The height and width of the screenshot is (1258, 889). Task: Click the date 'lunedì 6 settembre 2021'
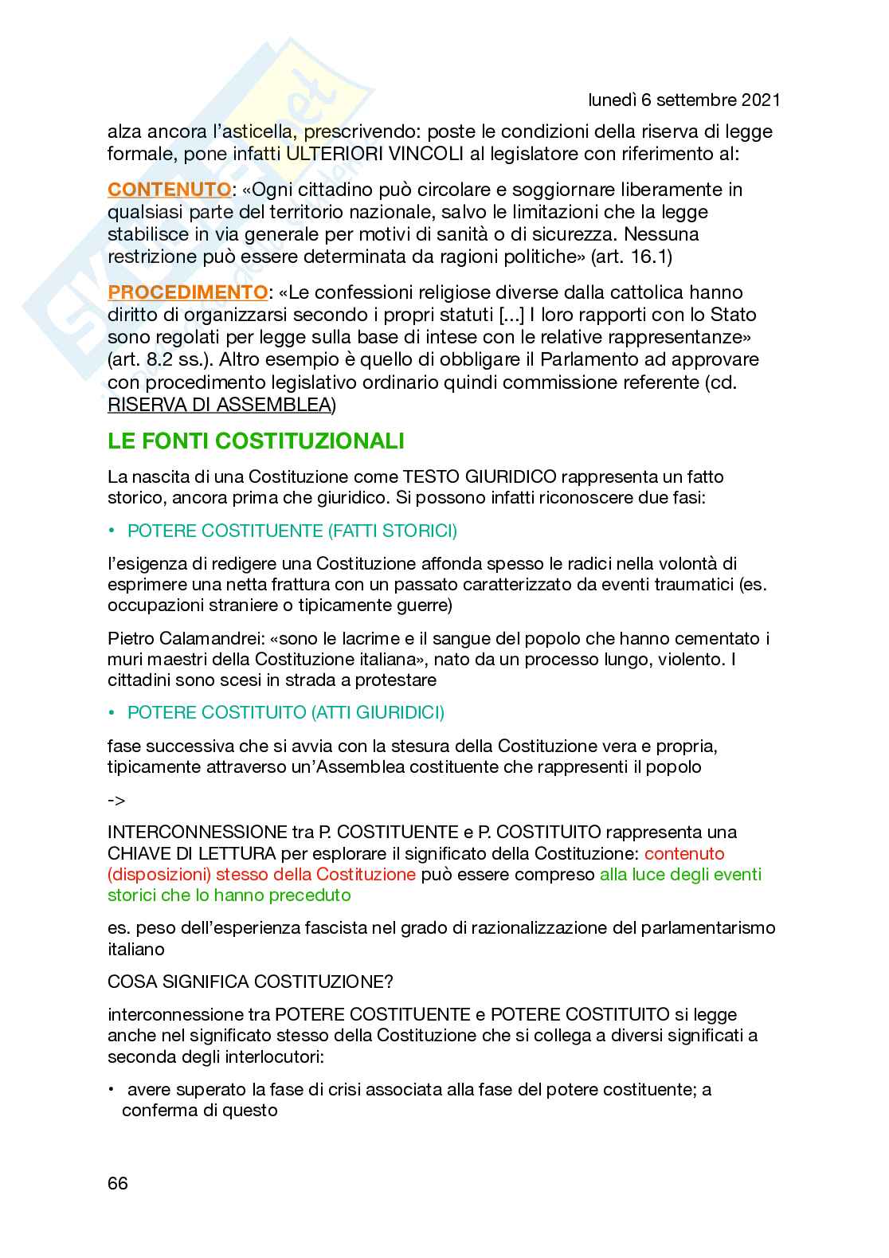pos(683,100)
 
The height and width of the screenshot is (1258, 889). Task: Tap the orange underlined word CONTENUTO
pos(169,190)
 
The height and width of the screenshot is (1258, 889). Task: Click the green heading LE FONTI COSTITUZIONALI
pos(256,441)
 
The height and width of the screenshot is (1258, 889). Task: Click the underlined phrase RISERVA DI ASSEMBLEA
pos(219,405)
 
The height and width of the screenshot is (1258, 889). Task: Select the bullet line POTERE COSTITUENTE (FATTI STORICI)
pos(292,531)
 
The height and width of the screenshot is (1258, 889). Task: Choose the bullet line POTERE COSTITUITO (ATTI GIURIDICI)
pos(285,712)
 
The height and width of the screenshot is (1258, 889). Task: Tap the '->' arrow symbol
pos(116,800)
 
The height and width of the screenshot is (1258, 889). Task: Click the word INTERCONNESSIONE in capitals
pos(194,833)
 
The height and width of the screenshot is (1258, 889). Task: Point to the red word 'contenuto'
pos(684,853)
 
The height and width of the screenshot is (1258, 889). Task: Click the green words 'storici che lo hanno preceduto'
pos(229,895)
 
